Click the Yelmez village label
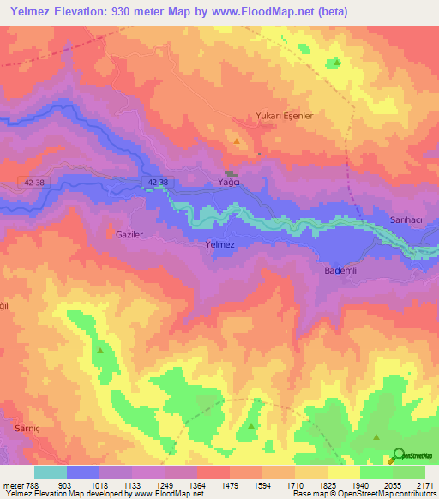[220, 245]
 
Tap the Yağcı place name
[226, 183]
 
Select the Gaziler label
[121, 233]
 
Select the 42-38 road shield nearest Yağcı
[159, 183]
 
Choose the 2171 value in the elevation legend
[424, 484]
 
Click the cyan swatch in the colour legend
[51, 472]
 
